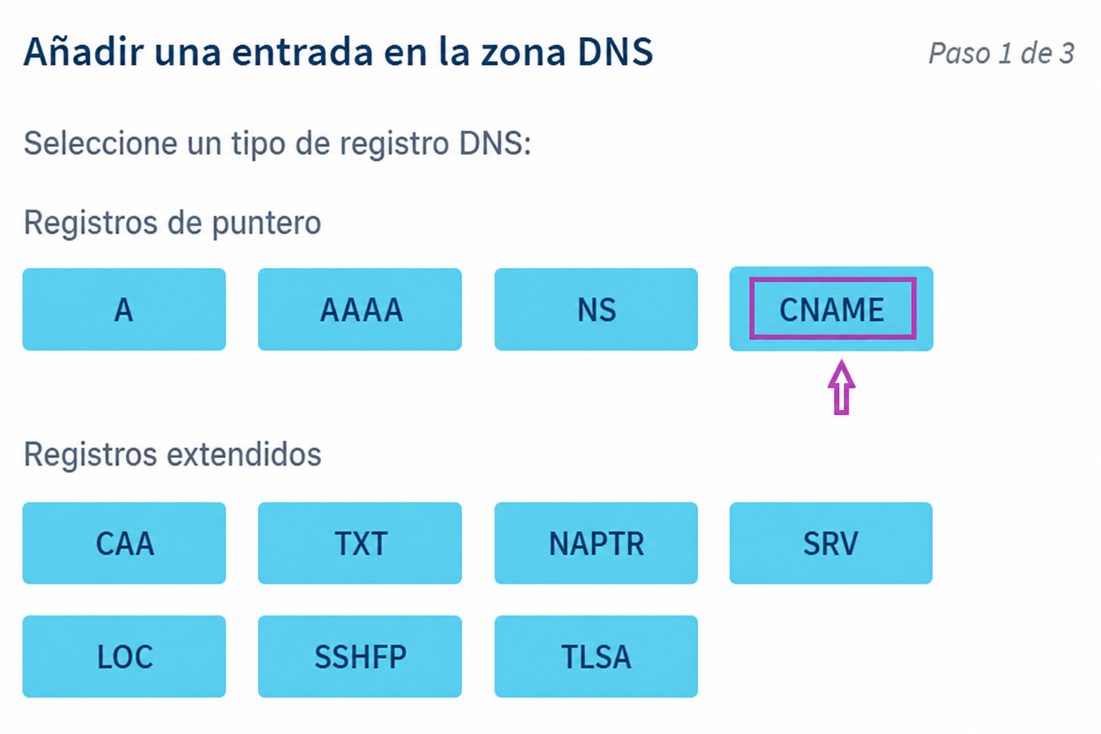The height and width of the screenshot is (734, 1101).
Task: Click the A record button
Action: point(124,309)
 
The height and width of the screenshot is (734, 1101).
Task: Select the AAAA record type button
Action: point(360,309)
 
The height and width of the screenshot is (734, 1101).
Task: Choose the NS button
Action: point(596,309)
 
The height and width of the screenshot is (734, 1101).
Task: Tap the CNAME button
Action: point(831,309)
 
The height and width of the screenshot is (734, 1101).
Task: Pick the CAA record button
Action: point(124,543)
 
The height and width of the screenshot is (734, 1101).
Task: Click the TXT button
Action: point(360,543)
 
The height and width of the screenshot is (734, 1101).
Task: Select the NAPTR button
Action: point(596,543)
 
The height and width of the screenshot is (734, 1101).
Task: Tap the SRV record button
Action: point(831,543)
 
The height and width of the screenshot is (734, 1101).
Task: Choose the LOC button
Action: point(124,657)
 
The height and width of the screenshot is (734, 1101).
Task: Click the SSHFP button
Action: point(360,657)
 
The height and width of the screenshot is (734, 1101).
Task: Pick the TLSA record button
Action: point(596,657)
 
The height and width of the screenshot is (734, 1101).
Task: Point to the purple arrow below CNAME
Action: point(842,387)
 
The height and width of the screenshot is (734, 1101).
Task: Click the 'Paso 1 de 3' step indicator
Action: point(1001,53)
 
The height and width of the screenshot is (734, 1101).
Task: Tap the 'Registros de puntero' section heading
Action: point(173,223)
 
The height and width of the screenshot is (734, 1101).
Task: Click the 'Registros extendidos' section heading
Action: point(173,454)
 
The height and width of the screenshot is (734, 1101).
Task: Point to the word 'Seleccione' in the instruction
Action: point(100,143)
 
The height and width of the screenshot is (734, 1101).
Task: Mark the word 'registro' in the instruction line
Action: point(394,145)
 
